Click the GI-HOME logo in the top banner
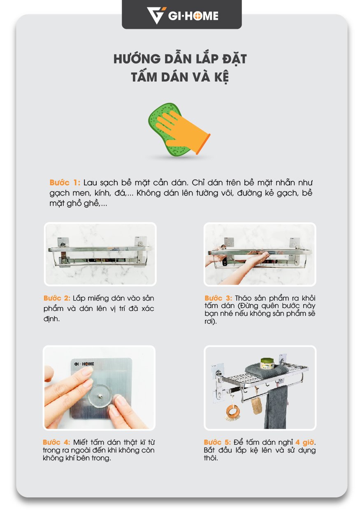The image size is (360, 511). tap(182, 16)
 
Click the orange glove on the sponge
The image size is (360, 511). tap(182, 132)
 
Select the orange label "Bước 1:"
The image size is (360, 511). tap(65, 183)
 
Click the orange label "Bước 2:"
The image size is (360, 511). tap(57, 298)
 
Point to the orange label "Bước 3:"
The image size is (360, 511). tap(218, 298)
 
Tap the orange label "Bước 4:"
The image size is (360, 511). tap(56, 442)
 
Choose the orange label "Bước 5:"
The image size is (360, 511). tap(217, 442)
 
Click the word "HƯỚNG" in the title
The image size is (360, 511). tap(137, 58)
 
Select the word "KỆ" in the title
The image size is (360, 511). tap(221, 77)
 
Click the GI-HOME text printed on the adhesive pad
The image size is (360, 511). tap(84, 364)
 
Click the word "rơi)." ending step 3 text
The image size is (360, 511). tap(211, 322)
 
